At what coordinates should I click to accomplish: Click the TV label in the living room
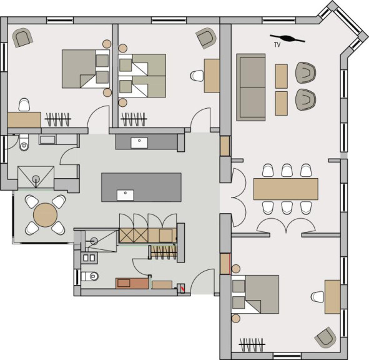click(277, 45)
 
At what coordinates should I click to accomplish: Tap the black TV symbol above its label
click(287, 38)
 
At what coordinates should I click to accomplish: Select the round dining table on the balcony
click(45, 215)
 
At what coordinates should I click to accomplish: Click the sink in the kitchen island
click(125, 196)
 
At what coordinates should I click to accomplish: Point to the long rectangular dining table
click(286, 189)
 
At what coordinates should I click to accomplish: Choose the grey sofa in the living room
click(251, 87)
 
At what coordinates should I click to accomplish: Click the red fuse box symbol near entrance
click(181, 288)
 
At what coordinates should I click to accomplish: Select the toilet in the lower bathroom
click(89, 276)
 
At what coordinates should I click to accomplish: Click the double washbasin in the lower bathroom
click(89, 258)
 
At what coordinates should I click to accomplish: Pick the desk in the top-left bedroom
click(24, 120)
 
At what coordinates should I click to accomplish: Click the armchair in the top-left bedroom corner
click(22, 37)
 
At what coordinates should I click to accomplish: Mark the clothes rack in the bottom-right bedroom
click(252, 344)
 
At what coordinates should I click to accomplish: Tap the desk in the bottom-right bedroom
click(333, 297)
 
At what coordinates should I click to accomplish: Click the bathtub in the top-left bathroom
click(58, 140)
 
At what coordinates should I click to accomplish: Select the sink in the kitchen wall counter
click(139, 143)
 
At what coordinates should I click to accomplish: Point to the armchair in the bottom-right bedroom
click(326, 337)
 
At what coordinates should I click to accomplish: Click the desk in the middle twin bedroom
click(212, 76)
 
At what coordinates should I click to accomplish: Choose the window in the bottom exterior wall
click(287, 356)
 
